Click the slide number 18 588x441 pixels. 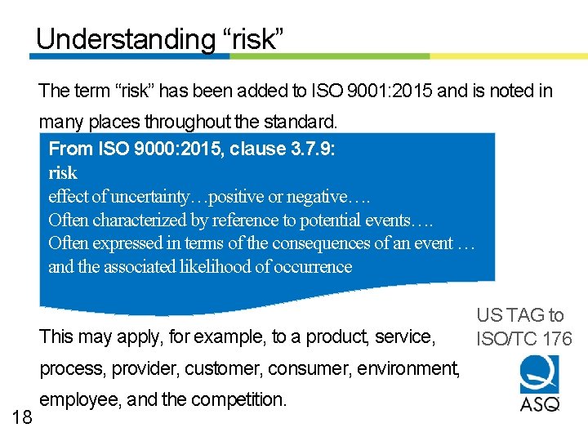click(23, 417)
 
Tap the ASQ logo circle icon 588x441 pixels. click(539, 373)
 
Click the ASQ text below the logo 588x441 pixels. click(540, 403)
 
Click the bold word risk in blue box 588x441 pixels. click(63, 173)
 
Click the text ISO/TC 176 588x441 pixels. click(524, 339)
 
